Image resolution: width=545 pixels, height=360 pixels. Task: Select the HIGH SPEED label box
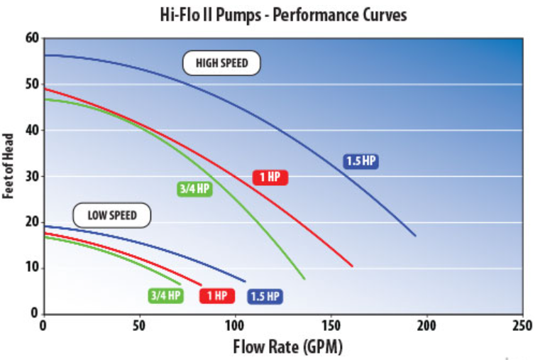(222, 63)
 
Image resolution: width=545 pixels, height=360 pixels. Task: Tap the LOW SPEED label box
(112, 215)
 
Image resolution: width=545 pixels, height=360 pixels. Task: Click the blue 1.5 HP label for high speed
(360, 161)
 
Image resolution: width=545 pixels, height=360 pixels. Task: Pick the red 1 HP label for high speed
(270, 178)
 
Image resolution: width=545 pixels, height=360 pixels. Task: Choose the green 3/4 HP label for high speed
(194, 189)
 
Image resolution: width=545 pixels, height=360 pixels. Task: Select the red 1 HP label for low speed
(216, 296)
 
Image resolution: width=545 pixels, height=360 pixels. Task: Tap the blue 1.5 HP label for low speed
(265, 296)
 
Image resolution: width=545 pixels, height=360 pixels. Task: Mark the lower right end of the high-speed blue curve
(415, 236)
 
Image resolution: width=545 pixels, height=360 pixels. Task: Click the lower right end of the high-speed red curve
(352, 266)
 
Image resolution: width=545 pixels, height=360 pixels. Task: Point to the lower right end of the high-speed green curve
(304, 278)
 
